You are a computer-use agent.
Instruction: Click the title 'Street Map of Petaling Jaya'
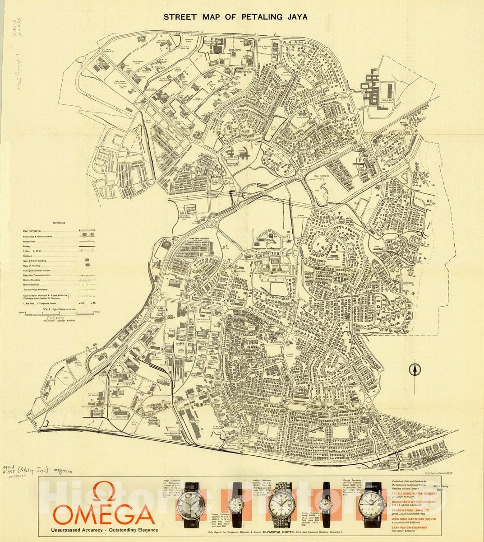point(235,17)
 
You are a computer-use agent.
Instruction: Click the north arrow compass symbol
point(414,369)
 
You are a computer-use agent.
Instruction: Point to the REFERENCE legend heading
point(59,223)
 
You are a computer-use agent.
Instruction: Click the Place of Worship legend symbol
point(87,266)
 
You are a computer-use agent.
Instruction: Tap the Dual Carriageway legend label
point(34,231)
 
